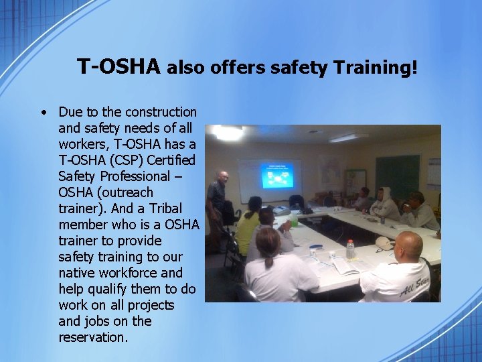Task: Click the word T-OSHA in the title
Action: (x=118, y=67)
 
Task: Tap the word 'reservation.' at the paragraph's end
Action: (x=93, y=337)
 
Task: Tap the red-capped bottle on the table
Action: (x=349, y=249)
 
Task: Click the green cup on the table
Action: (x=294, y=220)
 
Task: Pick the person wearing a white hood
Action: (x=384, y=204)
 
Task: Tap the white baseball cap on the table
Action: (x=384, y=242)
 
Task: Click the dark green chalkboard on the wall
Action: (x=397, y=176)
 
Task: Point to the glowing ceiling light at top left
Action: (x=228, y=133)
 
